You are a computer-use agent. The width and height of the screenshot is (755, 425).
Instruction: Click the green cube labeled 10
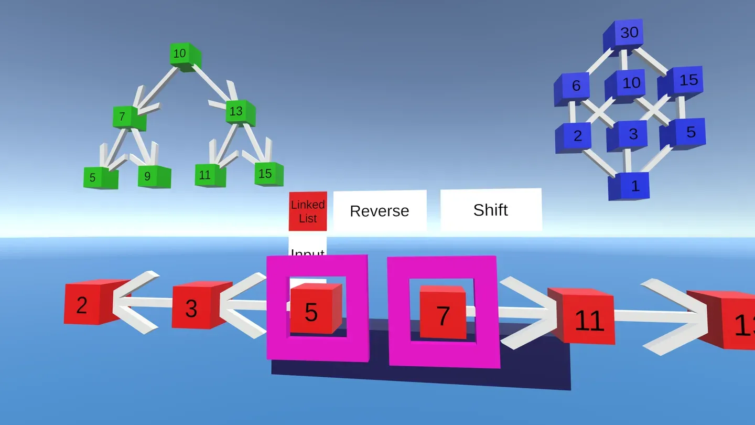pyautogui.click(x=184, y=56)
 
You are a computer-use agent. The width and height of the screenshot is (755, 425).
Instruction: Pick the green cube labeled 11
pyautogui.click(x=210, y=175)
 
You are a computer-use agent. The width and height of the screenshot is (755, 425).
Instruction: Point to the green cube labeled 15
pyautogui.click(x=268, y=174)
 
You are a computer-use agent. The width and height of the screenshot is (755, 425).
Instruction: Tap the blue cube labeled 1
pyautogui.click(x=629, y=186)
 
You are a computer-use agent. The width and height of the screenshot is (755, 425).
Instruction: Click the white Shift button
pyautogui.click(x=491, y=210)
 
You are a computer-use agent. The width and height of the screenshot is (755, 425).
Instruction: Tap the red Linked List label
pyautogui.click(x=308, y=211)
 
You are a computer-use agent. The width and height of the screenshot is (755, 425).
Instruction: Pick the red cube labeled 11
pyautogui.click(x=583, y=317)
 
